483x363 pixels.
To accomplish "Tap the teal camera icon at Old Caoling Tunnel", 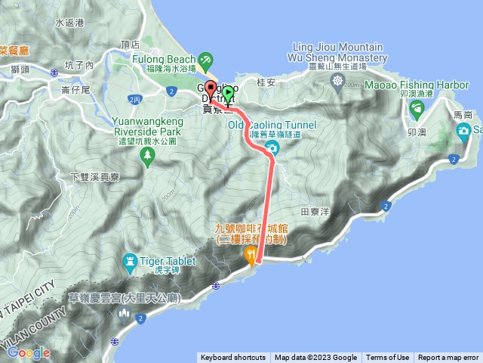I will pyautogui.click(x=272, y=147).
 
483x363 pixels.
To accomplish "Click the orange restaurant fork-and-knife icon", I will pyautogui.click(x=251, y=258).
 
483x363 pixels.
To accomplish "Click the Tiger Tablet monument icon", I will pyautogui.click(x=130, y=264).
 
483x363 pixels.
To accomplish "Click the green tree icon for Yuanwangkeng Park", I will pyautogui.click(x=148, y=155).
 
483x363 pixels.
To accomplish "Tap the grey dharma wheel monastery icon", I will pyautogui.click(x=337, y=79).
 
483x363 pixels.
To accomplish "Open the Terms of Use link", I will pyautogui.click(x=387, y=358).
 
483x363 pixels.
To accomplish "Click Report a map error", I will pyautogui.click(x=448, y=358).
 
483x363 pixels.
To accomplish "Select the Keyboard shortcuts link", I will pyautogui.click(x=232, y=358).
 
